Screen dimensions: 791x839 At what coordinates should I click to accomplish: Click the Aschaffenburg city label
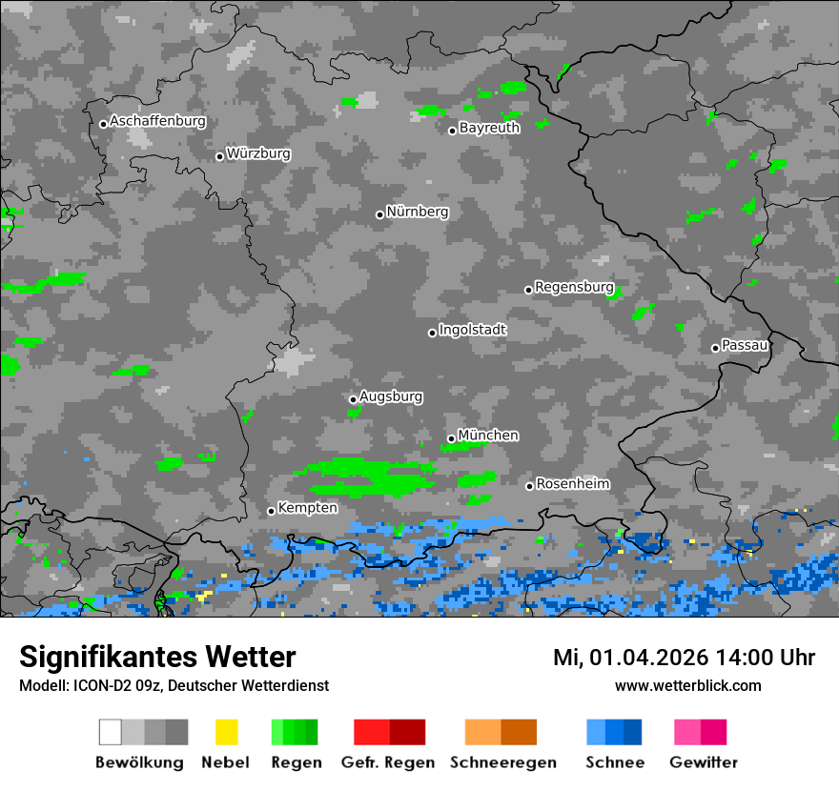tap(157, 121)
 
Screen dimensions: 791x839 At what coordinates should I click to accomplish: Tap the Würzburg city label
tap(258, 153)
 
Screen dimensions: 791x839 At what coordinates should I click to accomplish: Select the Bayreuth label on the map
tap(489, 128)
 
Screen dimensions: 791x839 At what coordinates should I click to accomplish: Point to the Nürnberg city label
tap(417, 212)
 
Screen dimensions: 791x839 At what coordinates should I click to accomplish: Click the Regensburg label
tap(574, 287)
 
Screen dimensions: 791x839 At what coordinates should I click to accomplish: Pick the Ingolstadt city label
tap(473, 330)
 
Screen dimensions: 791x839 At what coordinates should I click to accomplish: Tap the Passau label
tap(745, 345)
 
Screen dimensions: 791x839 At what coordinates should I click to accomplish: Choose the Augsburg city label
tap(391, 396)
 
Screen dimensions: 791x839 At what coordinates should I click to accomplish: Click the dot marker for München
tap(452, 438)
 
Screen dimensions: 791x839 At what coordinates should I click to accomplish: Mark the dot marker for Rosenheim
tap(530, 486)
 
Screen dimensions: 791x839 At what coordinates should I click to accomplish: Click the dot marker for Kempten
tap(272, 511)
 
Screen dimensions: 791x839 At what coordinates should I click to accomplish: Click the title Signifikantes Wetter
tap(157, 658)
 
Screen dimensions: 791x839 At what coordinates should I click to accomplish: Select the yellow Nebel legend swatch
tap(226, 732)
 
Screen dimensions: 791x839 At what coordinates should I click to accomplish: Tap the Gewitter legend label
tap(704, 762)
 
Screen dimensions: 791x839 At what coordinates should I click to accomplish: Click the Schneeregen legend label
tap(503, 762)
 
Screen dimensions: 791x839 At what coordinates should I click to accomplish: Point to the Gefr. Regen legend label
tap(388, 762)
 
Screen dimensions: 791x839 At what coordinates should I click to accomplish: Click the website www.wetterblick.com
tap(688, 686)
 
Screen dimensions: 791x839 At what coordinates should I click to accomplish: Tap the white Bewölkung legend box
tap(111, 732)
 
